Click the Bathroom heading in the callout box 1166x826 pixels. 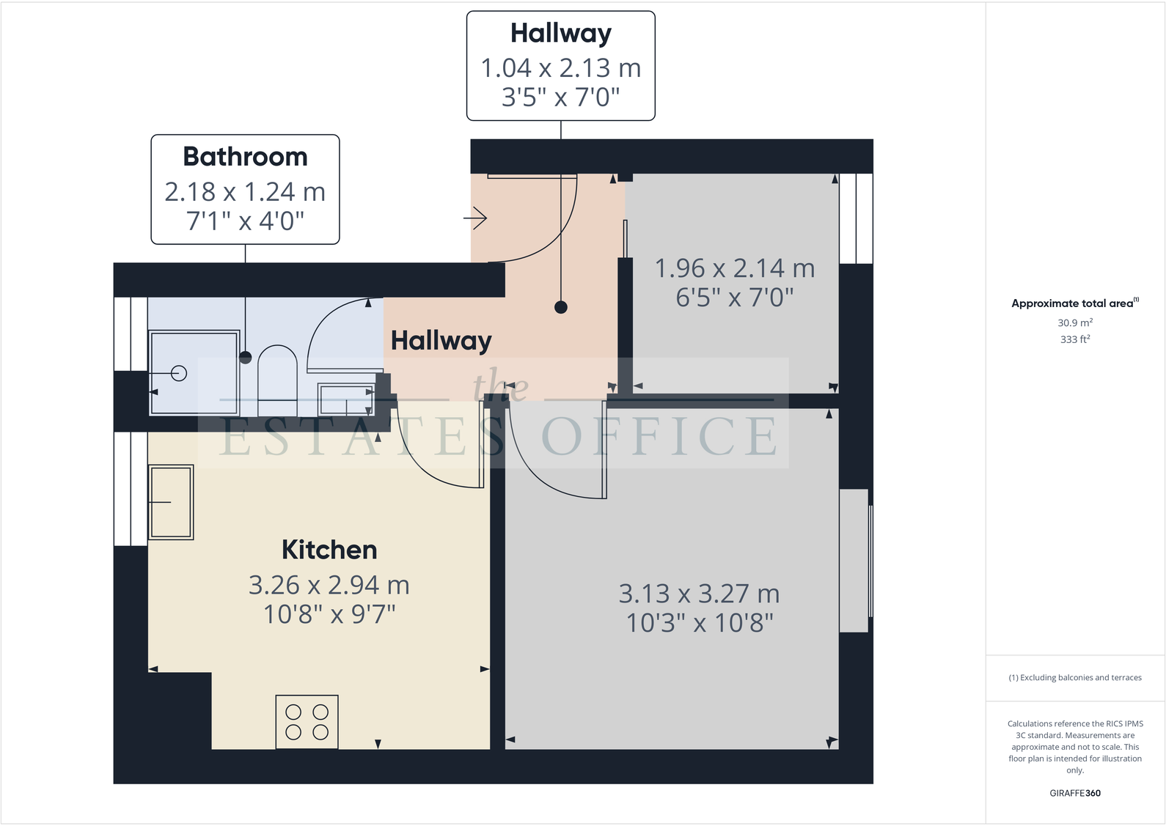pos(245,157)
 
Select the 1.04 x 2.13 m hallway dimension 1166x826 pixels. pos(560,68)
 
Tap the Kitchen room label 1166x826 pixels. pos(329,550)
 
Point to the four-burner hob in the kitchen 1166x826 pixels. pos(307,722)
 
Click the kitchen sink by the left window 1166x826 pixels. pos(172,502)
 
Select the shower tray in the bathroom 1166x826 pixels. pos(194,373)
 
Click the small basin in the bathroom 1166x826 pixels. pos(345,399)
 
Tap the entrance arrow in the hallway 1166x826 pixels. pos(476,218)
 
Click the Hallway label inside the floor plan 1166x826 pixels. pos(441,341)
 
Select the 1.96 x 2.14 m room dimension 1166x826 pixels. pos(734,268)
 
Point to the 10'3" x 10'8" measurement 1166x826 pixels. pos(700,623)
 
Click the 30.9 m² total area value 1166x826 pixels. pos(1074,322)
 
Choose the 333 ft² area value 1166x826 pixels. pos(1074,339)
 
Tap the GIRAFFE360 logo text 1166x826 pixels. pos(1074,793)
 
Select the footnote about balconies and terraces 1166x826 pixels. pos(1074,678)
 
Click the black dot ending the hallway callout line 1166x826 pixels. pos(561,308)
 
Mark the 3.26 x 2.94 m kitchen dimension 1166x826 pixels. pos(329,585)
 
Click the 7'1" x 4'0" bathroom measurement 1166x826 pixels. pos(245,221)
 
